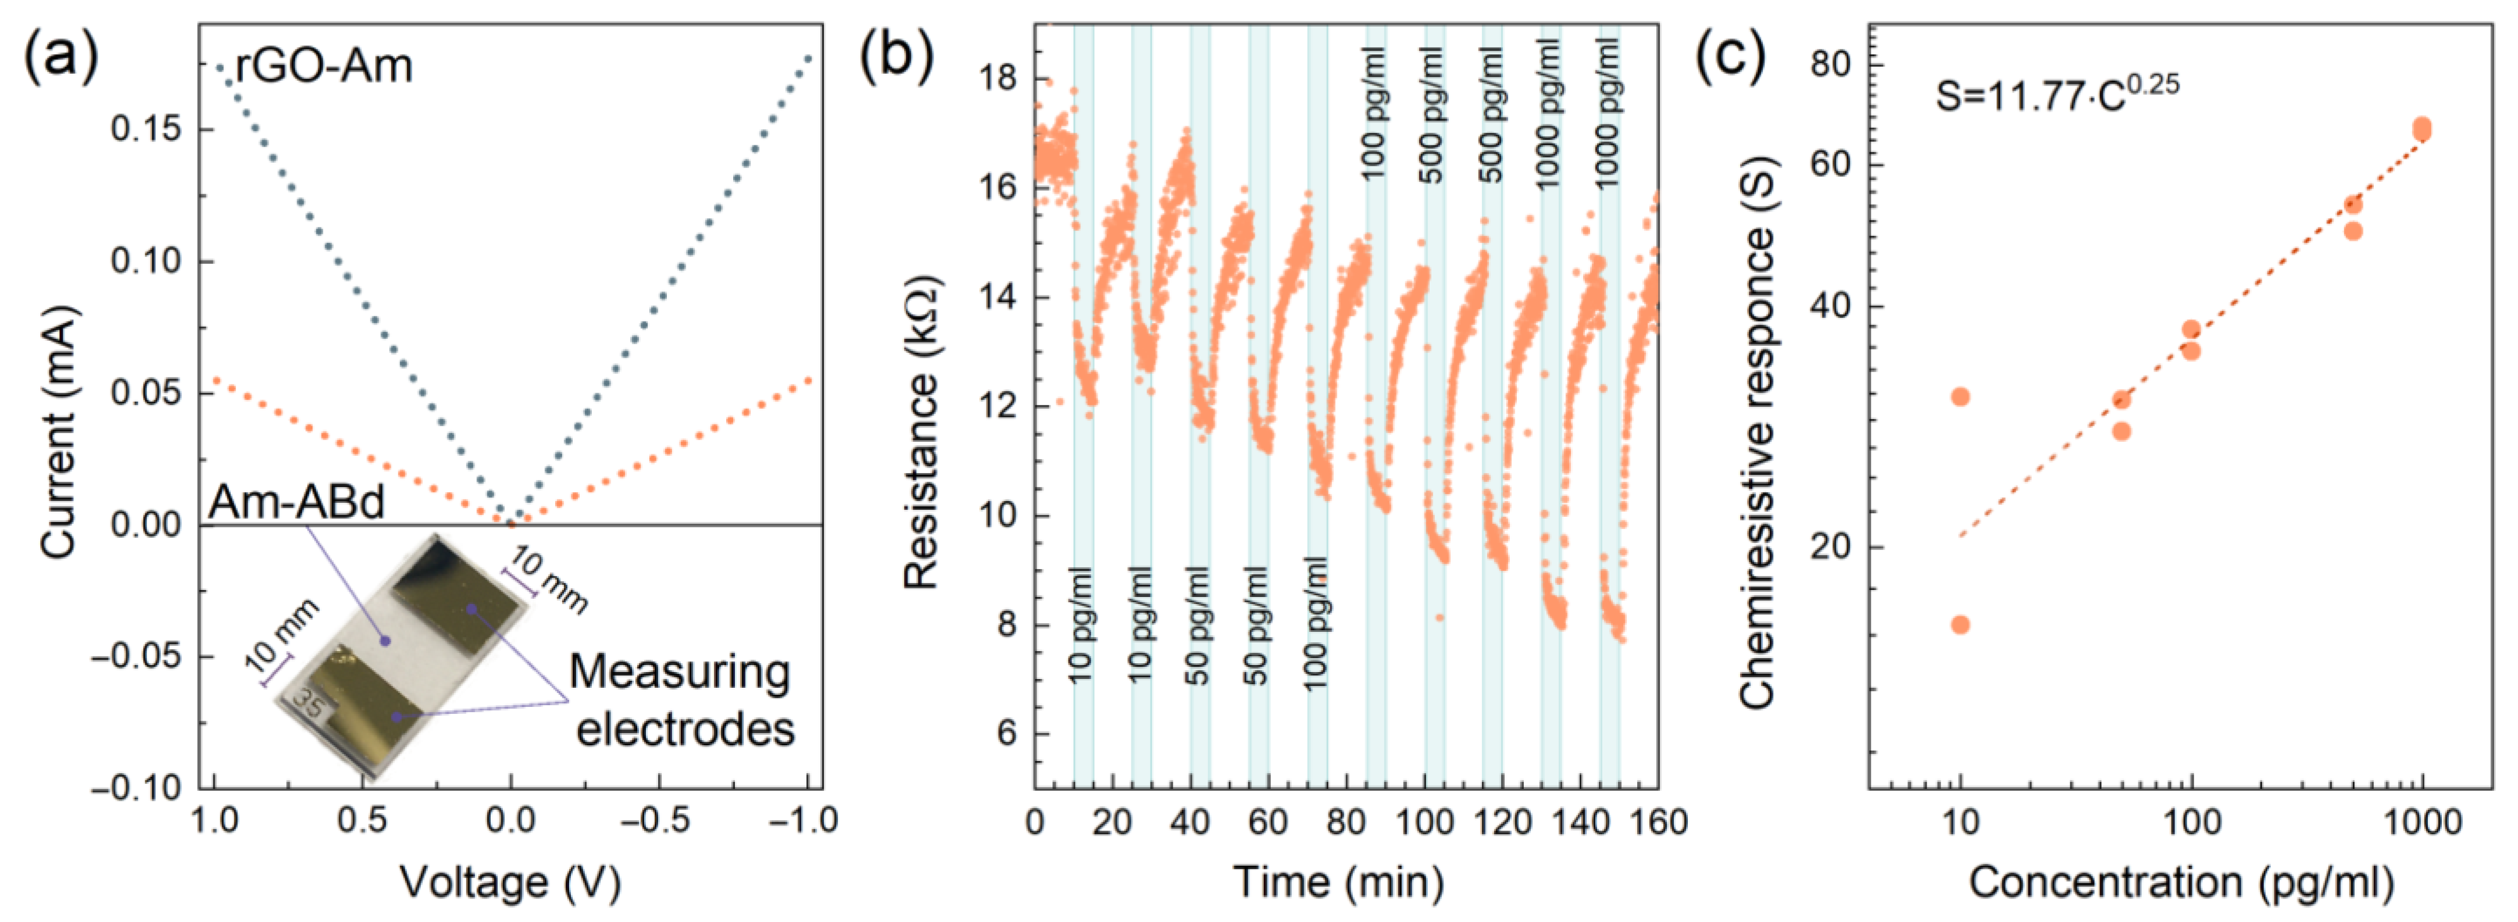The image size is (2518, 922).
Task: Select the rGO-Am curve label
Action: click(x=324, y=66)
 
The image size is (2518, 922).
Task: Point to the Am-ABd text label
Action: click(x=296, y=502)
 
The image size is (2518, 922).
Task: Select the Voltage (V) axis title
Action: click(x=510, y=882)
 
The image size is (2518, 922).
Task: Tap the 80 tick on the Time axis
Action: click(x=1346, y=821)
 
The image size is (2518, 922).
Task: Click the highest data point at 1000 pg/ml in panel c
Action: click(x=2421, y=127)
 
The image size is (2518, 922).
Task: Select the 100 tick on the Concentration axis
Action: click(x=2191, y=821)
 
